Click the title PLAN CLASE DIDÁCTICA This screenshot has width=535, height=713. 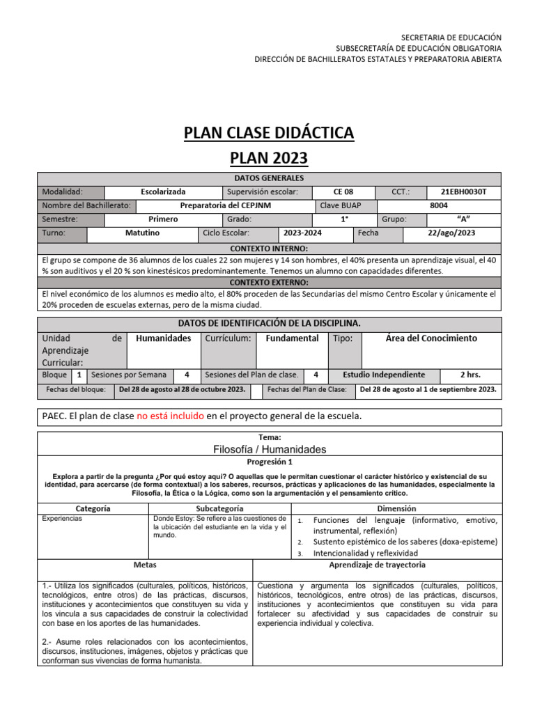tap(268, 132)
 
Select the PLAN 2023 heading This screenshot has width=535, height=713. tap(268, 158)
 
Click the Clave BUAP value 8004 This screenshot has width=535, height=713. tap(439, 205)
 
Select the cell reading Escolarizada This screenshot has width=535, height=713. tap(163, 191)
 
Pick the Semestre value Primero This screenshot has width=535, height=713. tap(163, 219)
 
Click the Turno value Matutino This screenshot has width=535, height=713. tap(142, 233)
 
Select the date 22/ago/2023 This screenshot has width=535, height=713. tap(451, 233)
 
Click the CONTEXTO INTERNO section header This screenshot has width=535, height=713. tap(268, 248)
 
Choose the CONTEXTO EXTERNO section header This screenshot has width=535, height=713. tap(268, 283)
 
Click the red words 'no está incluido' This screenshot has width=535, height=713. tap(170, 416)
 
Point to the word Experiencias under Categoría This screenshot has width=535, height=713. tap(62, 519)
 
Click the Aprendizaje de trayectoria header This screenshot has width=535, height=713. tap(377, 565)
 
